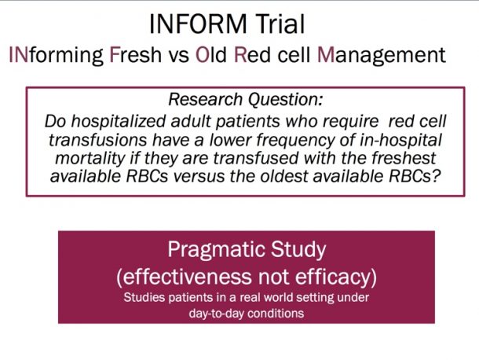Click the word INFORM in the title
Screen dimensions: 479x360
(198, 24)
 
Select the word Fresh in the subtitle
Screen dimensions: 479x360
(135, 55)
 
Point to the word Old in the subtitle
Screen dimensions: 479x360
(210, 54)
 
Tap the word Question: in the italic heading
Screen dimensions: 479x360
(285, 100)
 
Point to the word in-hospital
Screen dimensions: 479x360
(400, 141)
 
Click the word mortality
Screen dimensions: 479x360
(90, 159)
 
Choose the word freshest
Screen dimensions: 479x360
(404, 158)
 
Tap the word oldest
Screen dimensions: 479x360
(283, 176)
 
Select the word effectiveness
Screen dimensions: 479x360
(185, 277)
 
